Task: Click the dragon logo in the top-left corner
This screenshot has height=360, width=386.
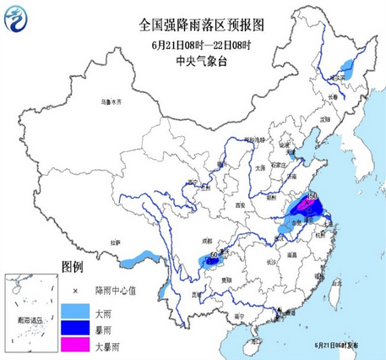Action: (x=16, y=18)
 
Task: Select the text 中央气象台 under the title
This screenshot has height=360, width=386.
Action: (x=193, y=60)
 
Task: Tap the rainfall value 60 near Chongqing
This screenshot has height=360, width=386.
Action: (x=214, y=254)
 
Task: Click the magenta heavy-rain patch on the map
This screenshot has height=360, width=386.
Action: (x=306, y=207)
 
